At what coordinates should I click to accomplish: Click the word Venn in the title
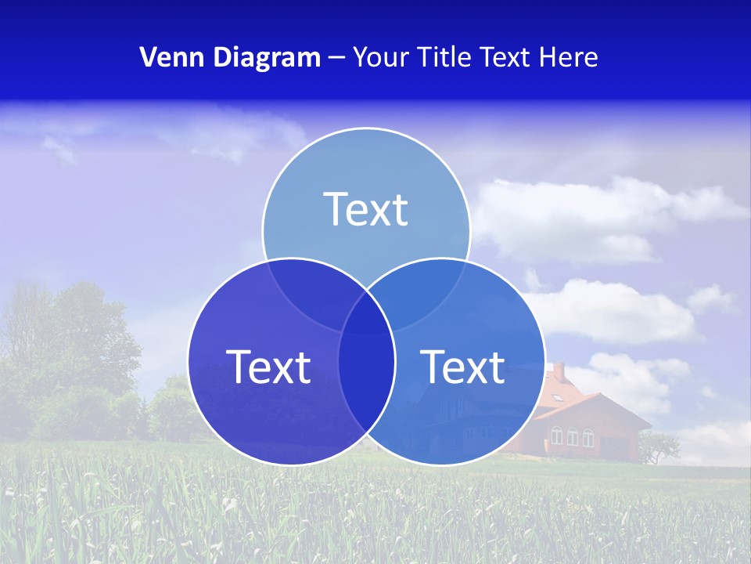166,57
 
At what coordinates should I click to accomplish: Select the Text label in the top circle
366,209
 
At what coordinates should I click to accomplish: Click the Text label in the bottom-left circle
268,367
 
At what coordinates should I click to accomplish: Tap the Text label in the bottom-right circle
463,367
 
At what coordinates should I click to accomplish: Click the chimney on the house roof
559,370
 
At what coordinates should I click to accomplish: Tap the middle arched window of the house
573,436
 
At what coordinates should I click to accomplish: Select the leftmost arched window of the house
557,436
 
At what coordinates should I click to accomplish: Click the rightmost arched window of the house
588,436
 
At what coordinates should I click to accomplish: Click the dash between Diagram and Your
336,58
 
